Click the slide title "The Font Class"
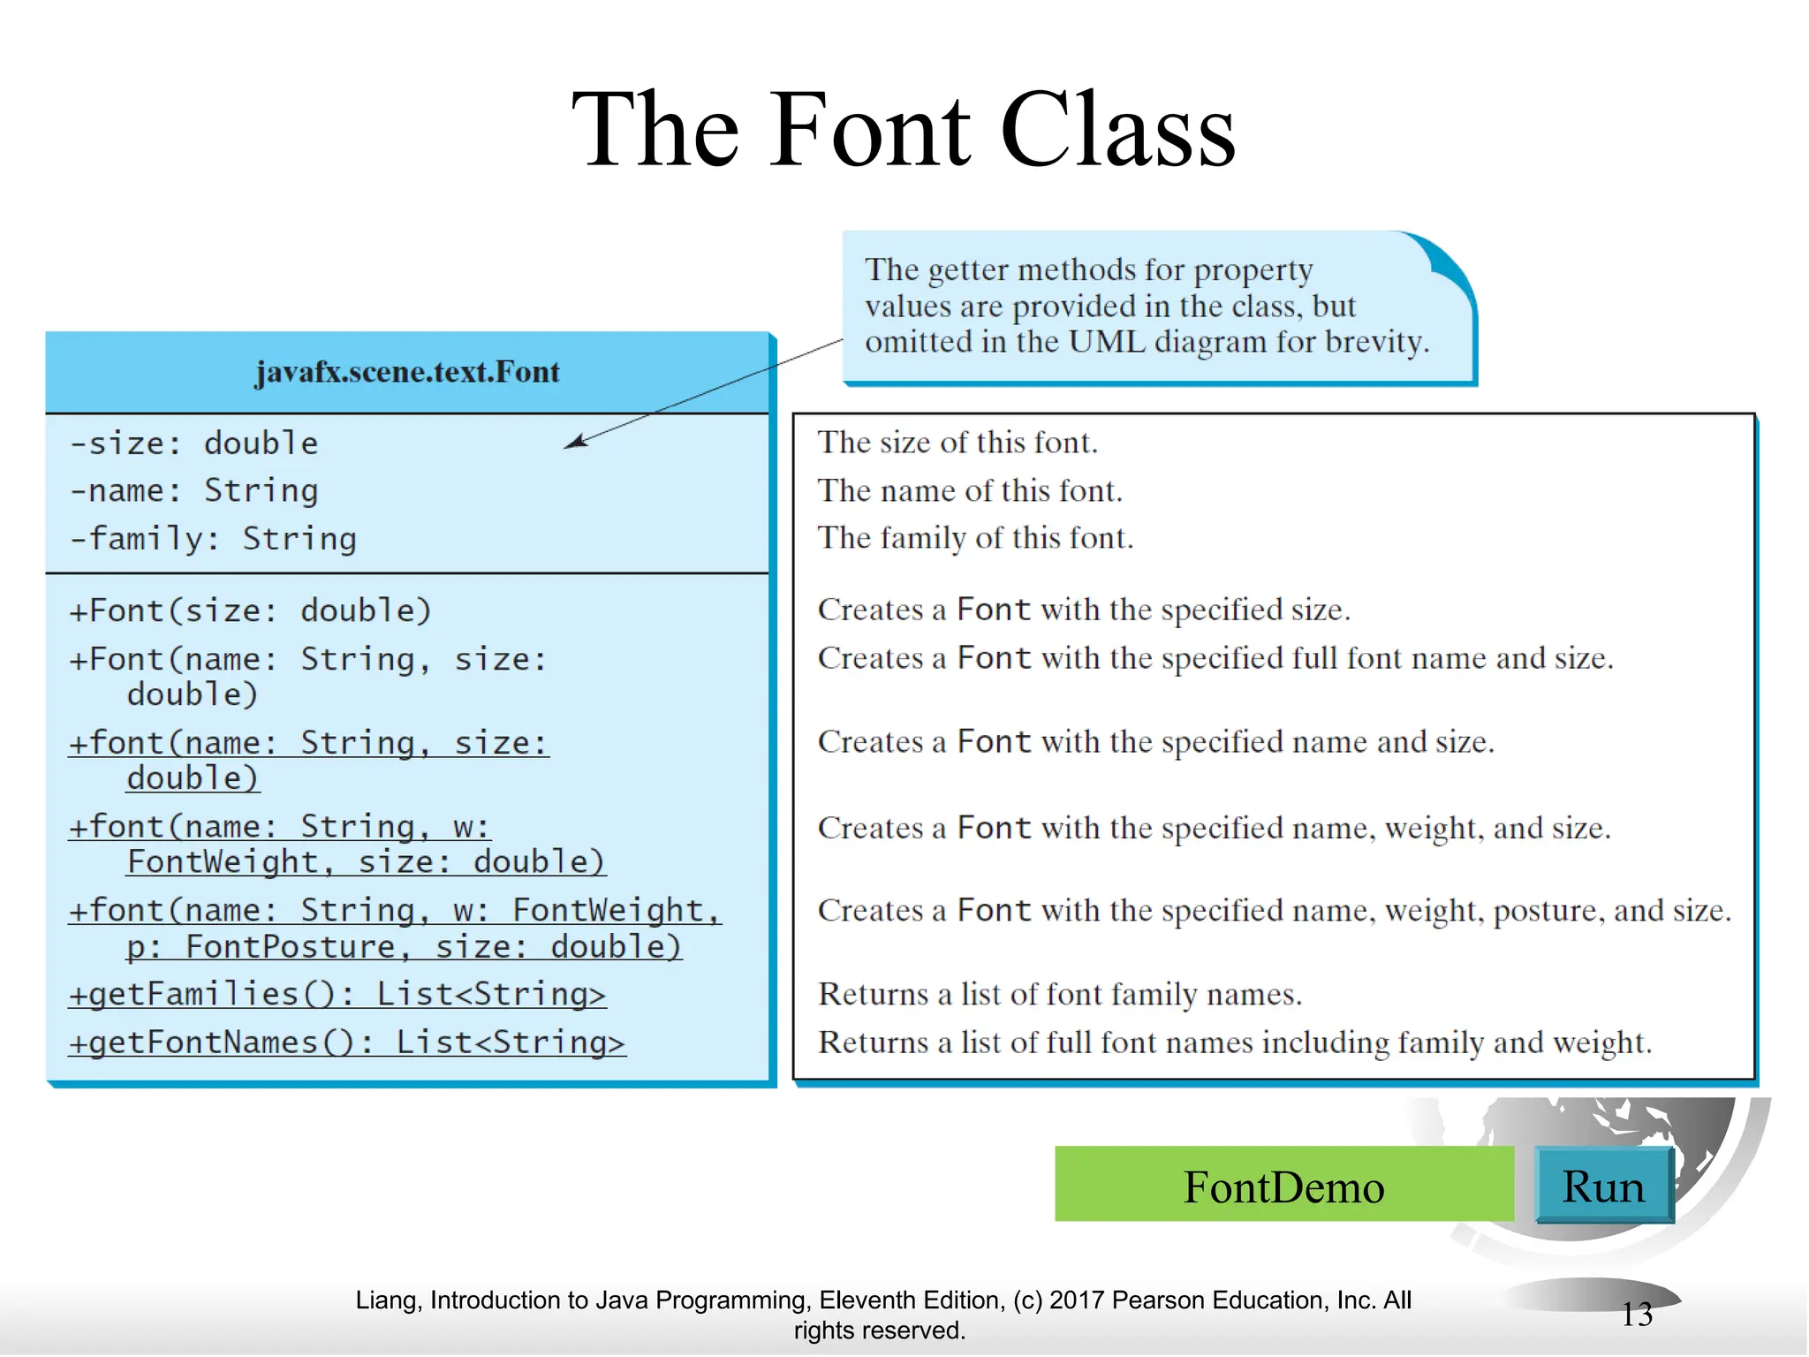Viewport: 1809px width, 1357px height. point(903,131)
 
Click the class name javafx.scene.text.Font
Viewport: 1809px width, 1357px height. point(407,372)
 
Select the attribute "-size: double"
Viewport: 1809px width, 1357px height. point(194,443)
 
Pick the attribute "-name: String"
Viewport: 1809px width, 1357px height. point(194,490)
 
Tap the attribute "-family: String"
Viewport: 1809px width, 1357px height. point(214,538)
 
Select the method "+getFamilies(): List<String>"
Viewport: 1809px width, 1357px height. point(337,994)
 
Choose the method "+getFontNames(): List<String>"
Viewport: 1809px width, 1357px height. point(347,1042)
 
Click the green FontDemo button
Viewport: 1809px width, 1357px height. point(1283,1185)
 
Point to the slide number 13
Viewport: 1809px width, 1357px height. point(1637,1314)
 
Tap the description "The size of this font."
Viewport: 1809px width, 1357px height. point(957,442)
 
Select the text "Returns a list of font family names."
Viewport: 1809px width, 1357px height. point(1060,994)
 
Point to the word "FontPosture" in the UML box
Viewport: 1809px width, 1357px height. point(291,947)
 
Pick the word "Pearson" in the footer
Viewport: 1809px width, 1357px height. point(1157,1300)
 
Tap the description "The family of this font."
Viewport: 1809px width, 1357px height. point(975,538)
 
